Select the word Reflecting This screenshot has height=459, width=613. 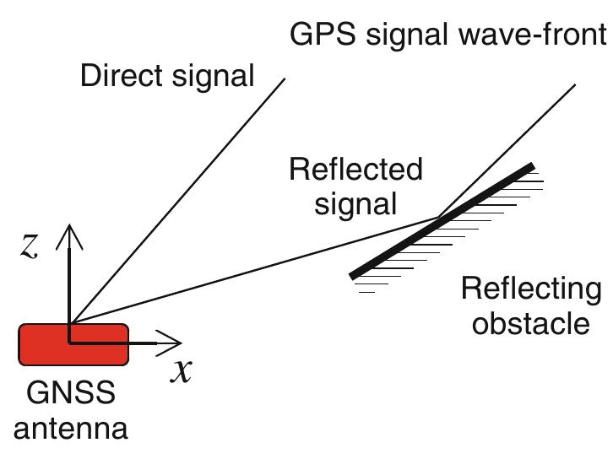[531, 289]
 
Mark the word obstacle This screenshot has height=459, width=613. [531, 323]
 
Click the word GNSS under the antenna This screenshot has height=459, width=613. [71, 393]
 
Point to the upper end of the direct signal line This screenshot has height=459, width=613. [285, 78]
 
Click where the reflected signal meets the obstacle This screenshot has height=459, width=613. [439, 219]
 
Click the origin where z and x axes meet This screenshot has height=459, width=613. [70, 343]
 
